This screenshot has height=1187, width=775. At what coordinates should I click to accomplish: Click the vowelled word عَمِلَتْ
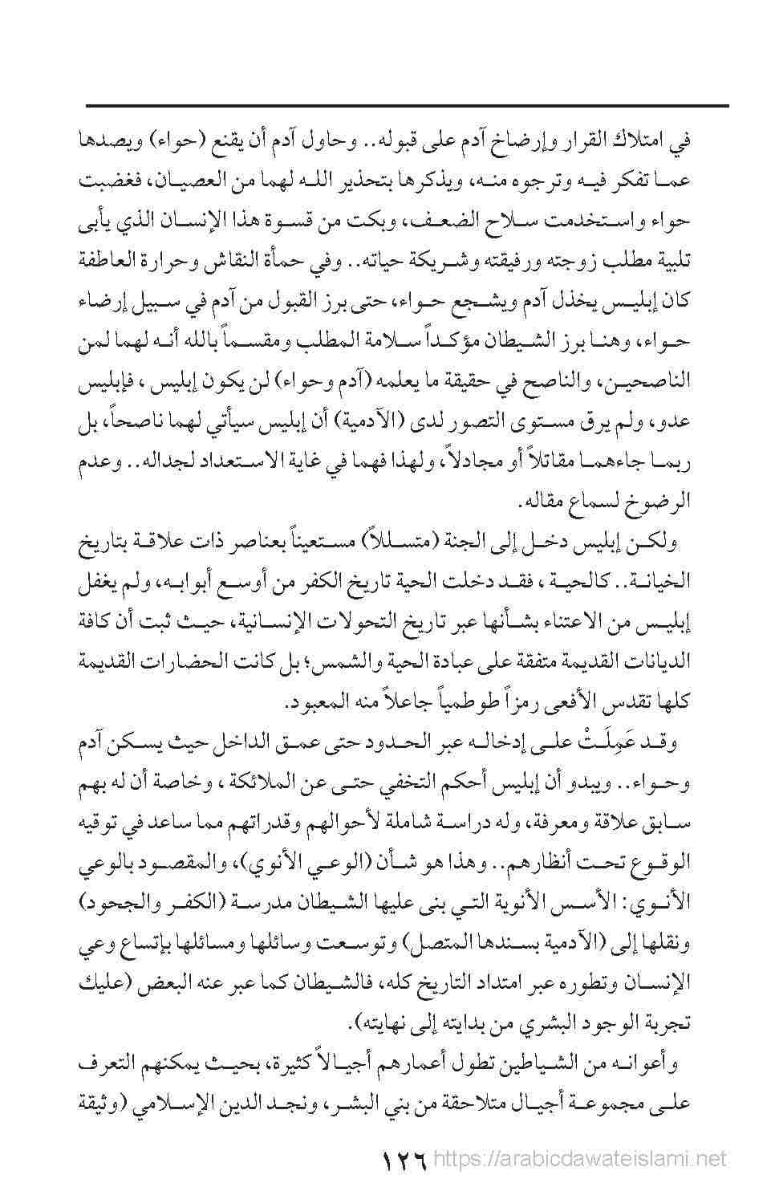[x=584, y=745]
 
